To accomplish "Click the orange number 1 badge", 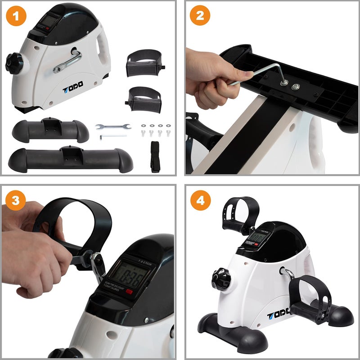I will pos(16,17).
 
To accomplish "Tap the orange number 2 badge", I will pos(200,17).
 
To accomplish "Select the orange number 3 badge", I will pos(16,201).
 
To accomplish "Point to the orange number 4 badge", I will pos(200,201).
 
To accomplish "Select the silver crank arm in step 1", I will pos(67,62).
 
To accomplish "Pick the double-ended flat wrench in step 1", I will pos(112,127).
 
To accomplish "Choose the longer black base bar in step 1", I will pos(70,158).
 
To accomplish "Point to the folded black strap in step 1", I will pos(155,156).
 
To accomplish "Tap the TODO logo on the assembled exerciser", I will pos(283,313).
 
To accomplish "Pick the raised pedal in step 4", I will pos(242,214).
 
